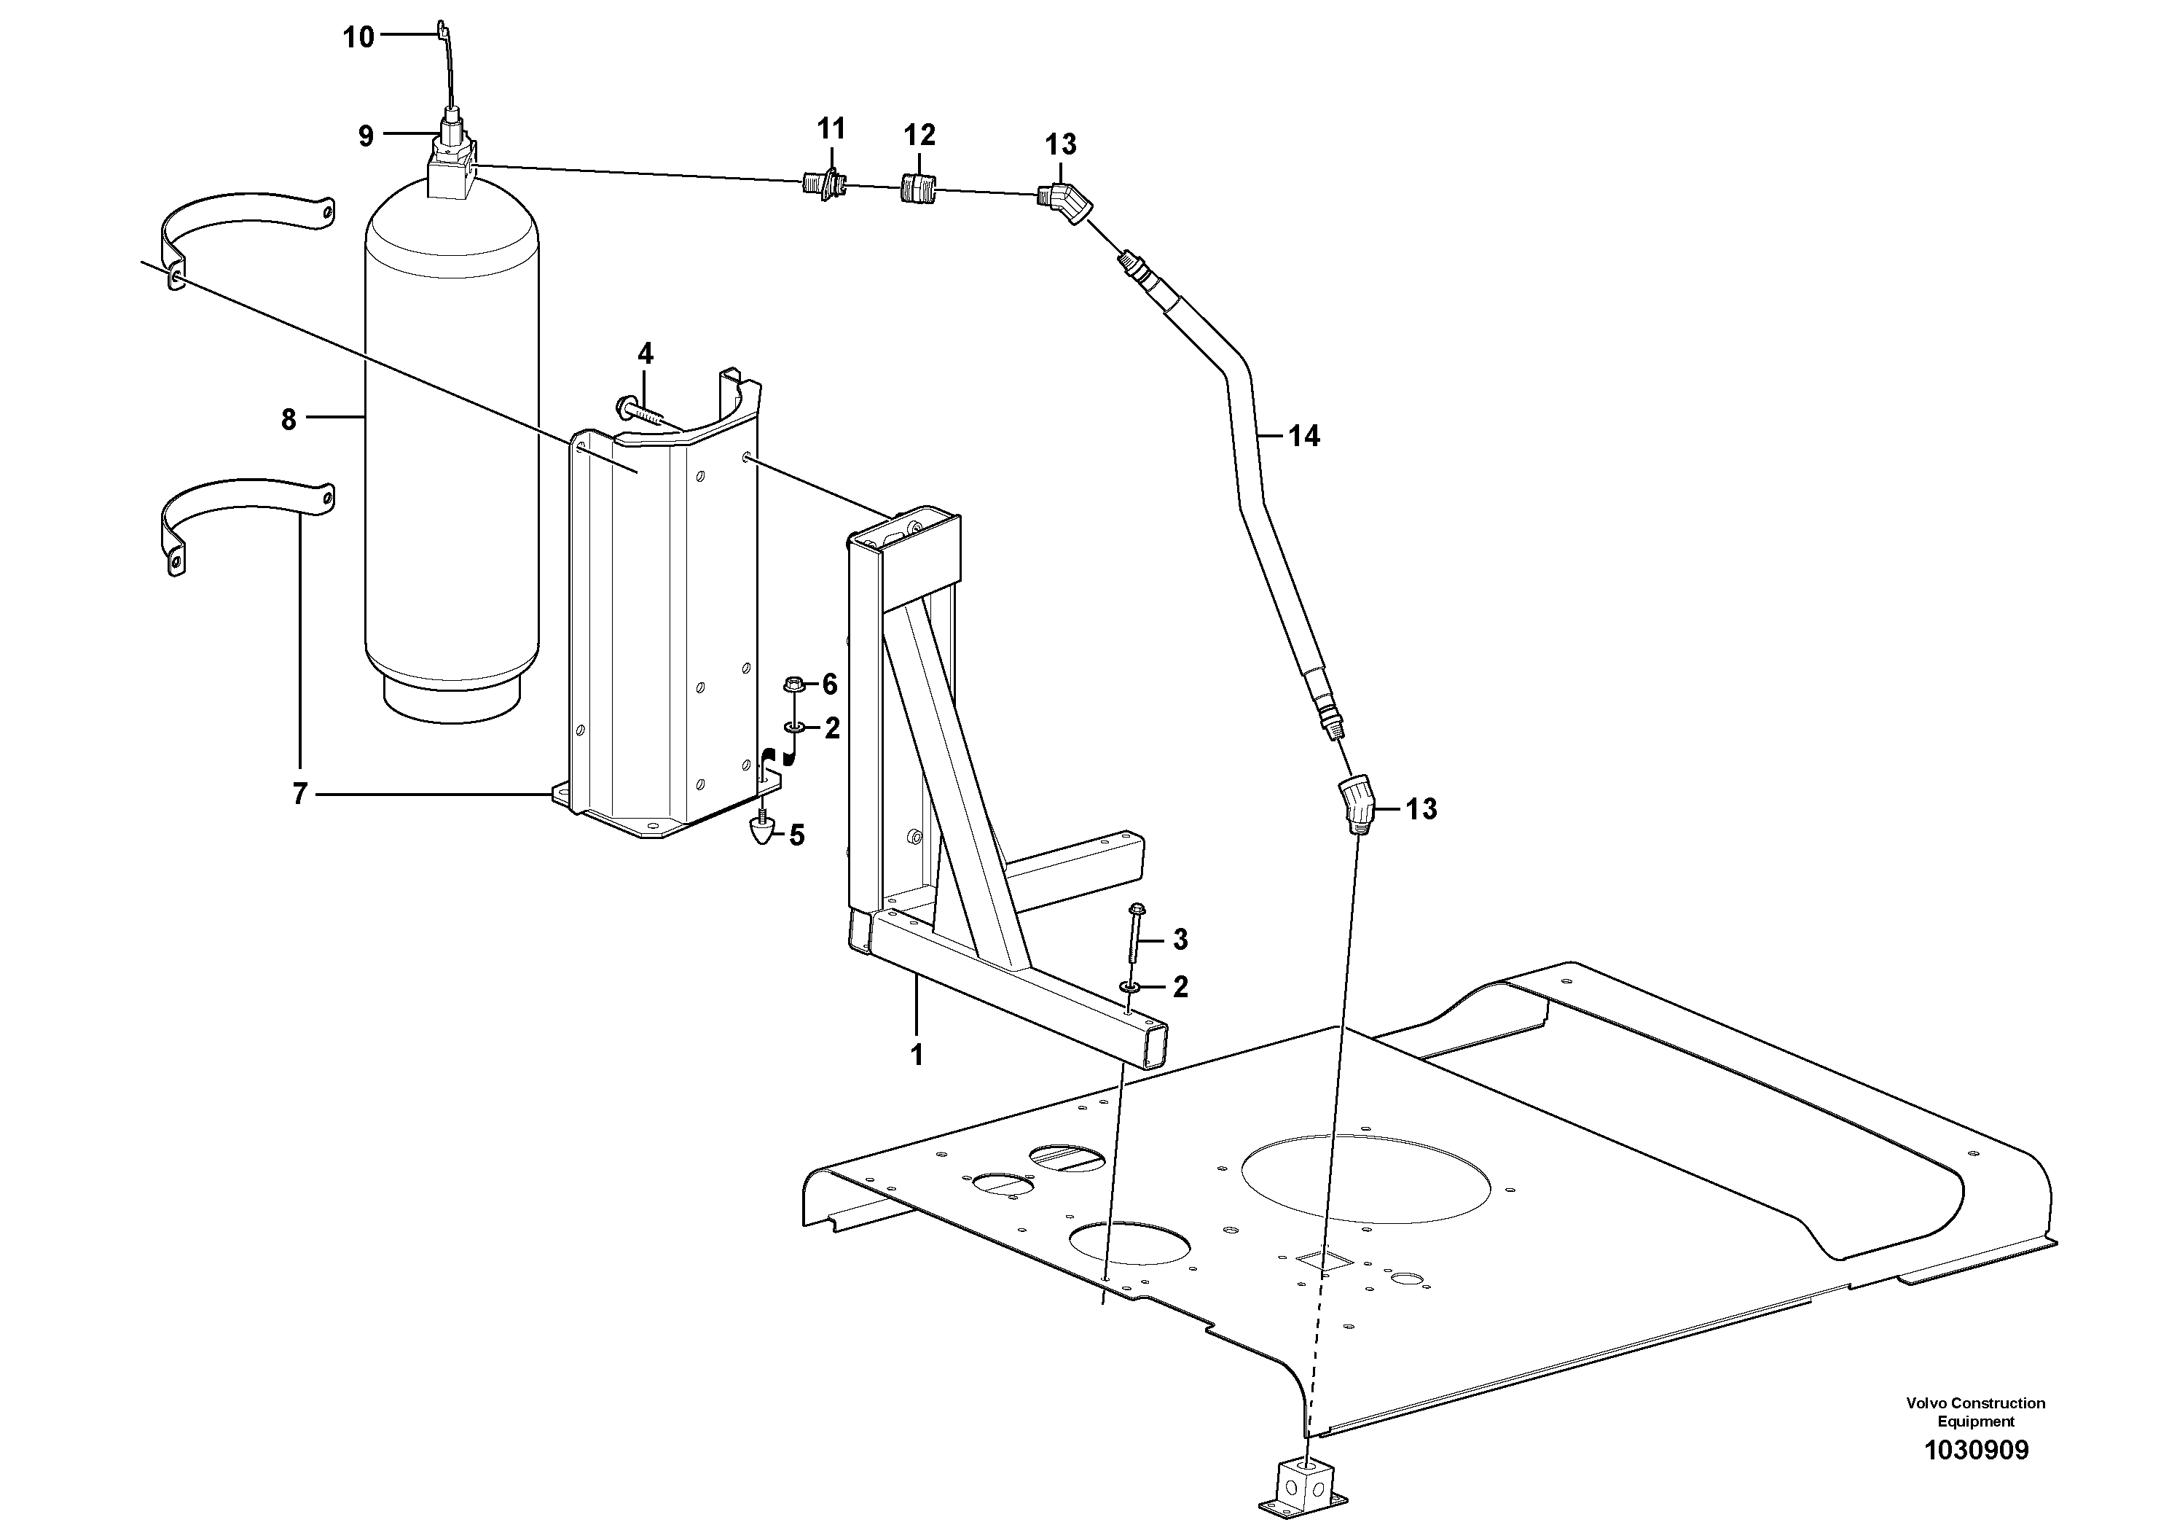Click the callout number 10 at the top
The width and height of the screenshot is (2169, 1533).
coord(358,38)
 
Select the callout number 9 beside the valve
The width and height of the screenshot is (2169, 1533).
coord(366,137)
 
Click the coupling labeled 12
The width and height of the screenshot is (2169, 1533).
coord(917,188)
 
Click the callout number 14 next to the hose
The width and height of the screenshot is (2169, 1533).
coord(1303,436)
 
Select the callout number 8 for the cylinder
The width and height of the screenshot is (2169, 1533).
coord(289,418)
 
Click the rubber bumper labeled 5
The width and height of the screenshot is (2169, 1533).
coord(761,831)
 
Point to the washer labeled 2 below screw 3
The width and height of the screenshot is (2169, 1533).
coord(1129,988)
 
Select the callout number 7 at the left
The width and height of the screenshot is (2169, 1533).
coord(300,795)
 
